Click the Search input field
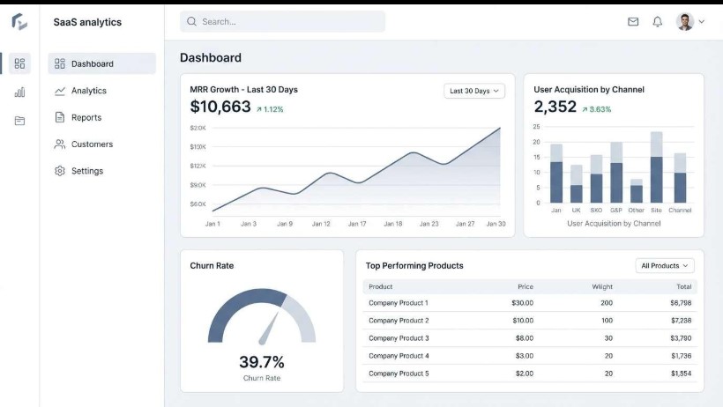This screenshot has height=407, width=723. tap(282, 22)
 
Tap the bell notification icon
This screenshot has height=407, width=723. tap(657, 22)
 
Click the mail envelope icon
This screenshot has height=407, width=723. tap(633, 22)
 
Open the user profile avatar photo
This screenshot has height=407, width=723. tap(685, 22)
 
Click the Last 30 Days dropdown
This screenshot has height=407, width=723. tap(474, 91)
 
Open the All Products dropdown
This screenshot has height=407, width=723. tap(665, 265)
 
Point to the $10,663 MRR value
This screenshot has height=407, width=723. tap(220, 107)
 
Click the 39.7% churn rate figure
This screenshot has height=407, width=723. tap(262, 362)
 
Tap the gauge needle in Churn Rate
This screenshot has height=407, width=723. tap(269, 329)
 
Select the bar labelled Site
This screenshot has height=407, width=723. tap(657, 167)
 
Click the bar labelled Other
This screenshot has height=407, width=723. tap(637, 191)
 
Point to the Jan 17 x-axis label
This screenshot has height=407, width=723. tap(357, 224)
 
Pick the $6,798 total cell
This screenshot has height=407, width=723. tap(681, 303)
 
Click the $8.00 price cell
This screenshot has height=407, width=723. tap(525, 338)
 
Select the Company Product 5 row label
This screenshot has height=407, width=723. tap(399, 374)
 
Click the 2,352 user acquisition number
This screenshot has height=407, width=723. tap(555, 107)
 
